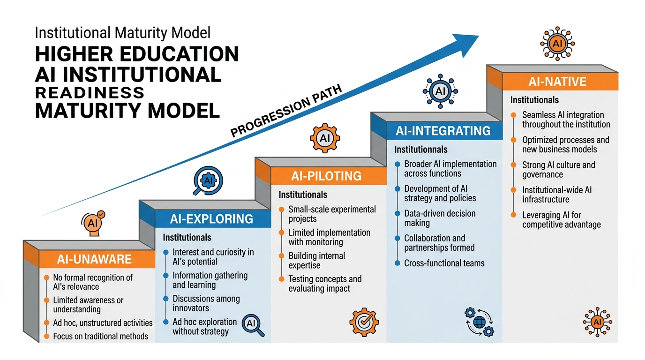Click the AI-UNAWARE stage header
pyautogui.click(x=95, y=259)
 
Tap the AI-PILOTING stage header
pyautogui.click(x=326, y=176)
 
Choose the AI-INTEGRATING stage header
pyautogui.click(x=443, y=131)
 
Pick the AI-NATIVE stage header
pyautogui.click(x=557, y=82)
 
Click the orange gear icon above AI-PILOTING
pyautogui.click(x=325, y=138)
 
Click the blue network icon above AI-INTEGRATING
pyautogui.click(x=440, y=91)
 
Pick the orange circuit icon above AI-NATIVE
pyautogui.click(x=557, y=44)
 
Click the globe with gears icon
pyautogui.click(x=479, y=322)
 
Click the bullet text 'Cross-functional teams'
pyautogui.click(x=444, y=263)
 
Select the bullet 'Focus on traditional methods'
pyautogui.click(x=100, y=336)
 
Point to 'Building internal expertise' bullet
pyautogui.click(x=316, y=261)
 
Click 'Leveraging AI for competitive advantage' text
pyautogui.click(x=561, y=220)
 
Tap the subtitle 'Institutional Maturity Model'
pyautogui.click(x=123, y=33)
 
